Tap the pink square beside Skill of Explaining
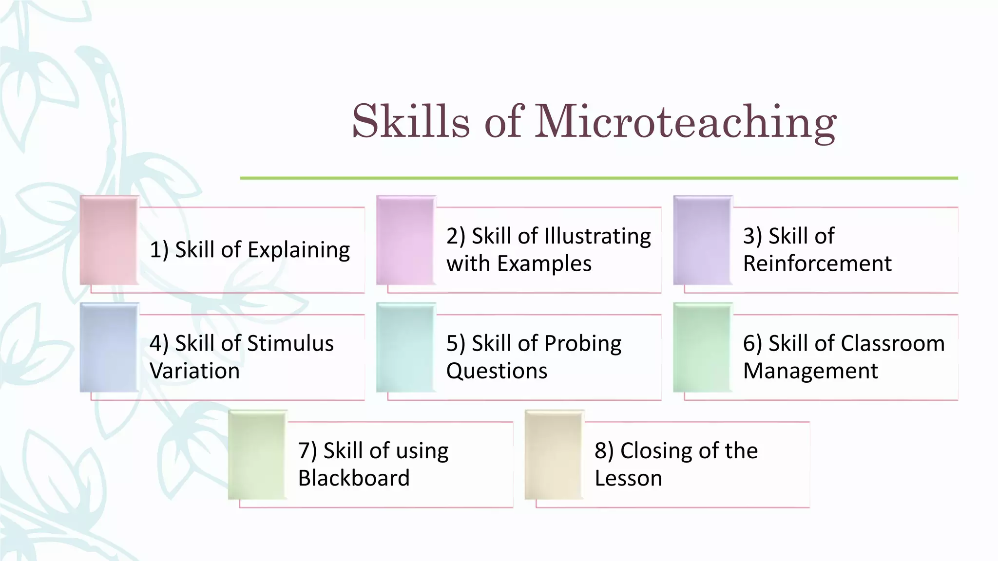109,240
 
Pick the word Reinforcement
817,264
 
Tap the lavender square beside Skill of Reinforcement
702,240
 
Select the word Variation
194,371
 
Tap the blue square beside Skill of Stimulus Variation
109,347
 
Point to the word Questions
497,371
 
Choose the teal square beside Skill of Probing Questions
405,347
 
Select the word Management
810,371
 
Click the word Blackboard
354,478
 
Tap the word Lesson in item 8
628,478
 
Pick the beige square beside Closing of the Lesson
554,454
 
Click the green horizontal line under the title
598,178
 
